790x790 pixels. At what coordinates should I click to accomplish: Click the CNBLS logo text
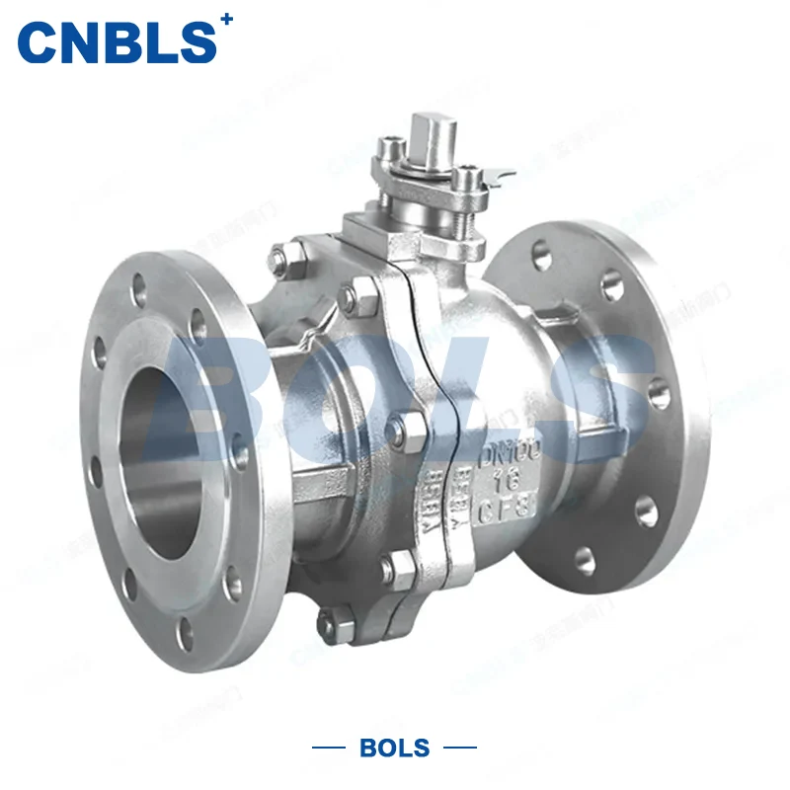pos(117,41)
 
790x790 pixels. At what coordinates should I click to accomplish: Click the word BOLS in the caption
pos(395,748)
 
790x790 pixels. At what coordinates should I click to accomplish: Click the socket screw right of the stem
pos(463,180)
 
